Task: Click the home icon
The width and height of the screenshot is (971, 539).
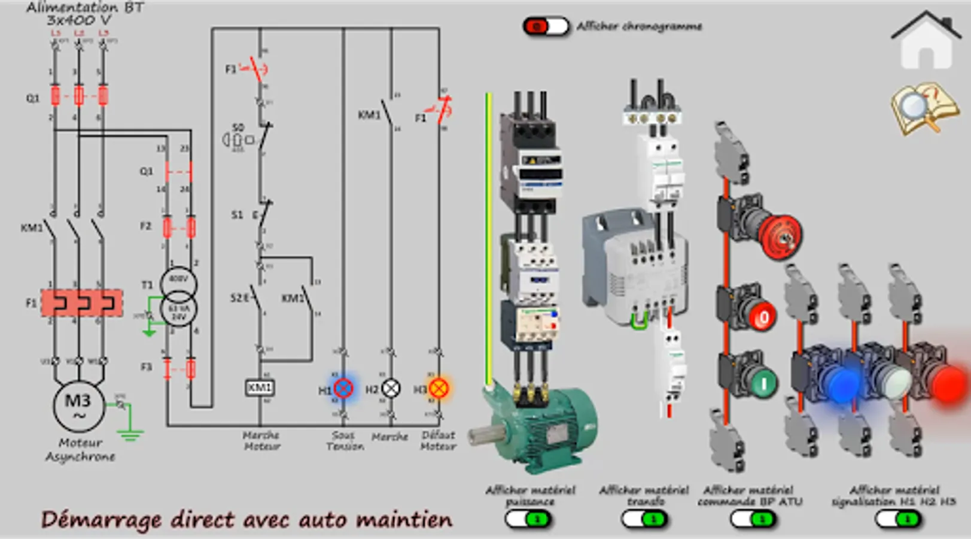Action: click(x=926, y=41)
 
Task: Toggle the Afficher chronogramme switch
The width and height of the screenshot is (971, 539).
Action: click(x=545, y=27)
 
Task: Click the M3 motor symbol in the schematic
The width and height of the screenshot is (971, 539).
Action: click(x=78, y=405)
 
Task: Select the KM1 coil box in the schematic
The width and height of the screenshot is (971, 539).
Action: click(x=260, y=387)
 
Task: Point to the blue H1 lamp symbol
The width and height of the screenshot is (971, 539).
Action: click(x=343, y=389)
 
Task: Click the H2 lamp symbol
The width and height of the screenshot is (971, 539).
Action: click(x=391, y=389)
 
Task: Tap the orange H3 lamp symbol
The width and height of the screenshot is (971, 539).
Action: click(x=439, y=389)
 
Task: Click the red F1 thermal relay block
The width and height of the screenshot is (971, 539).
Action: click(x=81, y=303)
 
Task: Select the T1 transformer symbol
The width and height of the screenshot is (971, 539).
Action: click(x=178, y=296)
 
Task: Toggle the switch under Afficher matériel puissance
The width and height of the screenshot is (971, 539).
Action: click(x=528, y=519)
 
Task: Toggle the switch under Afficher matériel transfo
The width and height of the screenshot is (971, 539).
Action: click(x=644, y=519)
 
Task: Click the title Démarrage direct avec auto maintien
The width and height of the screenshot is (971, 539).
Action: click(x=246, y=520)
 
